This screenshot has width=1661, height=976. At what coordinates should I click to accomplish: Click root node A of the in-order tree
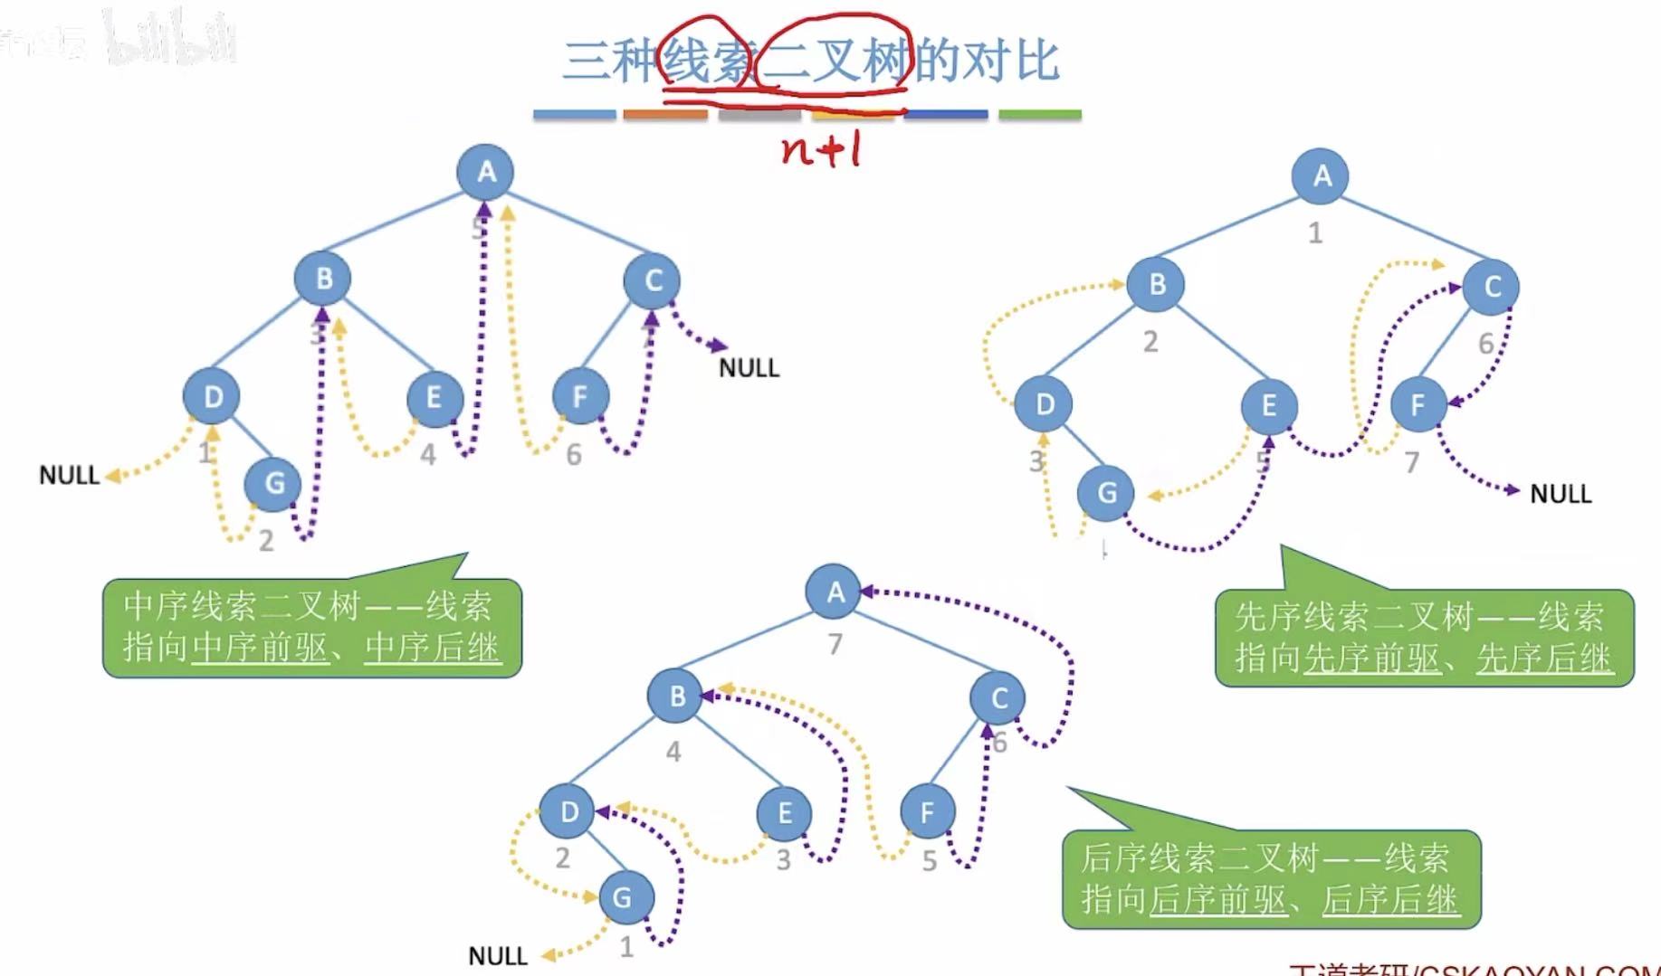(x=486, y=171)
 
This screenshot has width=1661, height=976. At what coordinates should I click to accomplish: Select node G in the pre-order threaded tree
(x=1106, y=493)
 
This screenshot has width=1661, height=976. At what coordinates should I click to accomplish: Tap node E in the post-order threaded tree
(x=784, y=812)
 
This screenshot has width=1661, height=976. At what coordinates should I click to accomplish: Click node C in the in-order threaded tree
(x=653, y=281)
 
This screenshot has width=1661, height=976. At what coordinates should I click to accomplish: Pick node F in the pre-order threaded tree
(x=1418, y=404)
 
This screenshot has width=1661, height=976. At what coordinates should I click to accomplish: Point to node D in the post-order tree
(x=568, y=810)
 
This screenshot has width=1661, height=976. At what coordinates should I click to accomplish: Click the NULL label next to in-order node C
(x=749, y=368)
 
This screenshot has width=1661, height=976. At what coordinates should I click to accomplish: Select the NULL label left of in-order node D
(x=69, y=475)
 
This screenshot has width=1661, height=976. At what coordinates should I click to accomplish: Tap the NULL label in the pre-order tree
(x=1560, y=494)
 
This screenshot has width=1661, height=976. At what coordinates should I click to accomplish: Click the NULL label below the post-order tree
(x=498, y=956)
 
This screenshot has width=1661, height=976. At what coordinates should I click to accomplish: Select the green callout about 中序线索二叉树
(x=311, y=627)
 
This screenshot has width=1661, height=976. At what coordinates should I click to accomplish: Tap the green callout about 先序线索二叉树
(x=1423, y=638)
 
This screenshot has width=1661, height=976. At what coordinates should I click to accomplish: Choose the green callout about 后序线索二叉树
(x=1270, y=878)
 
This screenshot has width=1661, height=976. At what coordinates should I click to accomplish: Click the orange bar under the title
(x=665, y=115)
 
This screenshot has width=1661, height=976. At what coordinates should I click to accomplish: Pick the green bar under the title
(x=1039, y=115)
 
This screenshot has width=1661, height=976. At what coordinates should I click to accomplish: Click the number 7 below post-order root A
(x=835, y=644)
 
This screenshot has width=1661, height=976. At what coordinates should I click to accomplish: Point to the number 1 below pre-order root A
(x=1315, y=233)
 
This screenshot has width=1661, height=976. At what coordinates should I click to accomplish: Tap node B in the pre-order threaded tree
(x=1156, y=285)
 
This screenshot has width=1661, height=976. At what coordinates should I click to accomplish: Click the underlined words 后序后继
(x=1389, y=900)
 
